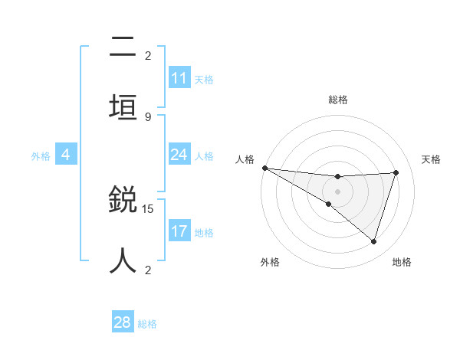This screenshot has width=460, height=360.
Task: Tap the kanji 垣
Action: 123,107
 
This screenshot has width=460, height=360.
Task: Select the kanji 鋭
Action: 123,201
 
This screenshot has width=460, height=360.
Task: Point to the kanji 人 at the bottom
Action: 123,260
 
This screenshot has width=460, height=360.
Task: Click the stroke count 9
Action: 148,116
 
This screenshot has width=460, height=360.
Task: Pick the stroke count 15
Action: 149,208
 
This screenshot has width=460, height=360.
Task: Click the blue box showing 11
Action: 179,78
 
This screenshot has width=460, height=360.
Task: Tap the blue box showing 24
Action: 179,155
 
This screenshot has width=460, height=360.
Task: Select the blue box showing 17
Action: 179,231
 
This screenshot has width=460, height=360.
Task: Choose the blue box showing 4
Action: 66,155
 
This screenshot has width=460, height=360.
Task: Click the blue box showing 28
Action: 123,322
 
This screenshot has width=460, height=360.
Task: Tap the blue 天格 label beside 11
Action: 204,79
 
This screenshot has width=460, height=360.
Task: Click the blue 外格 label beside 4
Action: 41,155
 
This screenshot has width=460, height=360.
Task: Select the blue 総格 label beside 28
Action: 147,323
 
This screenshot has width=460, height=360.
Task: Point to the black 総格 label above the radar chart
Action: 338,100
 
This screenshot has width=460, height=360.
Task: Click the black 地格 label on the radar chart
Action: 402,262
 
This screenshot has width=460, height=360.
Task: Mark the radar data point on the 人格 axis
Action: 264,167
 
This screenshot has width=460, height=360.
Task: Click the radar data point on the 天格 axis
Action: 396,172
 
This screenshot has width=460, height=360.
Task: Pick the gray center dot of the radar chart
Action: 338,191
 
